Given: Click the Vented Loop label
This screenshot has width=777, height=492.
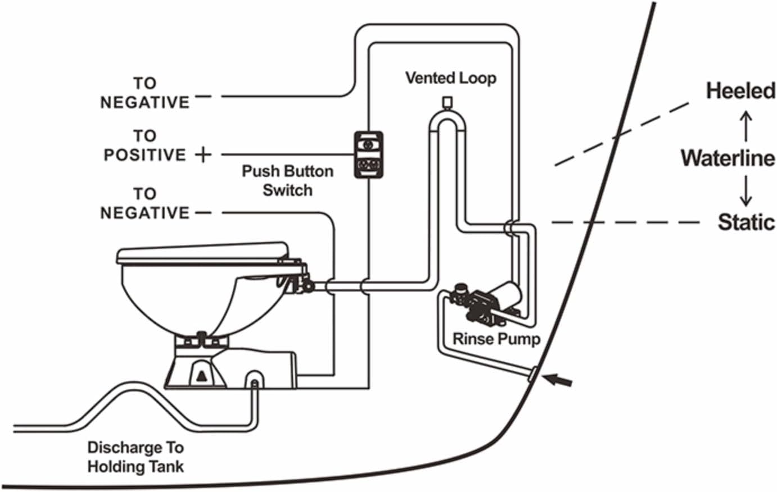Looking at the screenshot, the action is (450, 78).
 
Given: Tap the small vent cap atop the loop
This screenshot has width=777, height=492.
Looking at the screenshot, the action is (447, 102).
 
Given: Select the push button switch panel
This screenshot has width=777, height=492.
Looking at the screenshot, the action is (368, 154).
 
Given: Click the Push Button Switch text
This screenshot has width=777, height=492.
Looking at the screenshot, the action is (287, 180).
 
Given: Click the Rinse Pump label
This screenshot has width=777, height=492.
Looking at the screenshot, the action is (496, 339).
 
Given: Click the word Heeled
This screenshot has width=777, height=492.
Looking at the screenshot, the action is (741, 91).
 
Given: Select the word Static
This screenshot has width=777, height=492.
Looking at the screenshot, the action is (746, 222).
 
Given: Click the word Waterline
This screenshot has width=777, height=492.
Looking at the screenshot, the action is (728, 158).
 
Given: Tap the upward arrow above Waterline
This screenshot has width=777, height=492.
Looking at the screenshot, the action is (746, 126).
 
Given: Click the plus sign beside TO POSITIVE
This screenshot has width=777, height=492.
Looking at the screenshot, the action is (203, 154).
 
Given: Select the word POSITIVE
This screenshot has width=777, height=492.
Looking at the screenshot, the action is (145, 155).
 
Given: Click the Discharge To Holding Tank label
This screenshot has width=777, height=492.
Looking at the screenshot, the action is (135, 457).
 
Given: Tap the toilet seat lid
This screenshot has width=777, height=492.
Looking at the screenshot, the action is (203, 254).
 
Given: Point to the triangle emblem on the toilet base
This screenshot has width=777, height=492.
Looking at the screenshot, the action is (201, 376).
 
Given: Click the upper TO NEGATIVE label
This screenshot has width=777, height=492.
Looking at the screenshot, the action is (145, 93).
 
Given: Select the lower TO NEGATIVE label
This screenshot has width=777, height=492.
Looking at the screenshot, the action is (145, 203).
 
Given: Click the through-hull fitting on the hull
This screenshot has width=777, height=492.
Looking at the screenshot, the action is (532, 374).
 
